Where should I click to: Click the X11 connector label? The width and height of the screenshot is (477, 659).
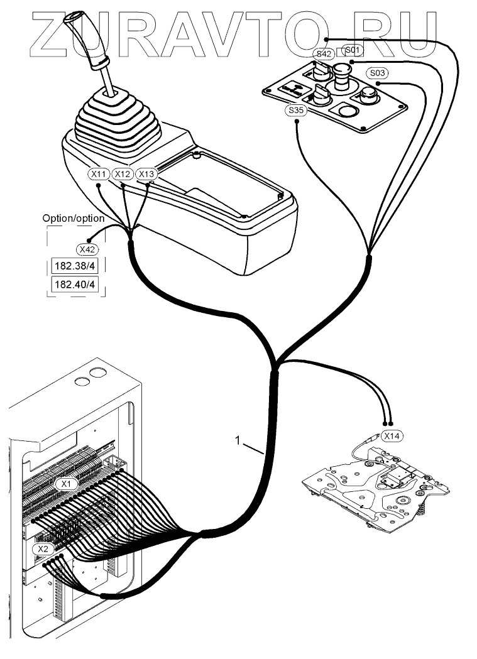pos(99,173)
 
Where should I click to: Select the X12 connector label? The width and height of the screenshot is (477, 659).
pos(123,173)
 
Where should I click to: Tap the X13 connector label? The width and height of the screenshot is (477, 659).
pos(146,173)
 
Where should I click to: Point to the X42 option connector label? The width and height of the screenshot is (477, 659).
pos(84,249)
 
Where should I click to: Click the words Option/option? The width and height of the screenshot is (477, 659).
pos(74,218)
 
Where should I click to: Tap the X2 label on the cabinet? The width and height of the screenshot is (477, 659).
pos(43,549)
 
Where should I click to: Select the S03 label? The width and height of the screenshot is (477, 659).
pos(378,72)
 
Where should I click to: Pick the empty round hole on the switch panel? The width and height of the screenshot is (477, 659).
pos(346,113)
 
